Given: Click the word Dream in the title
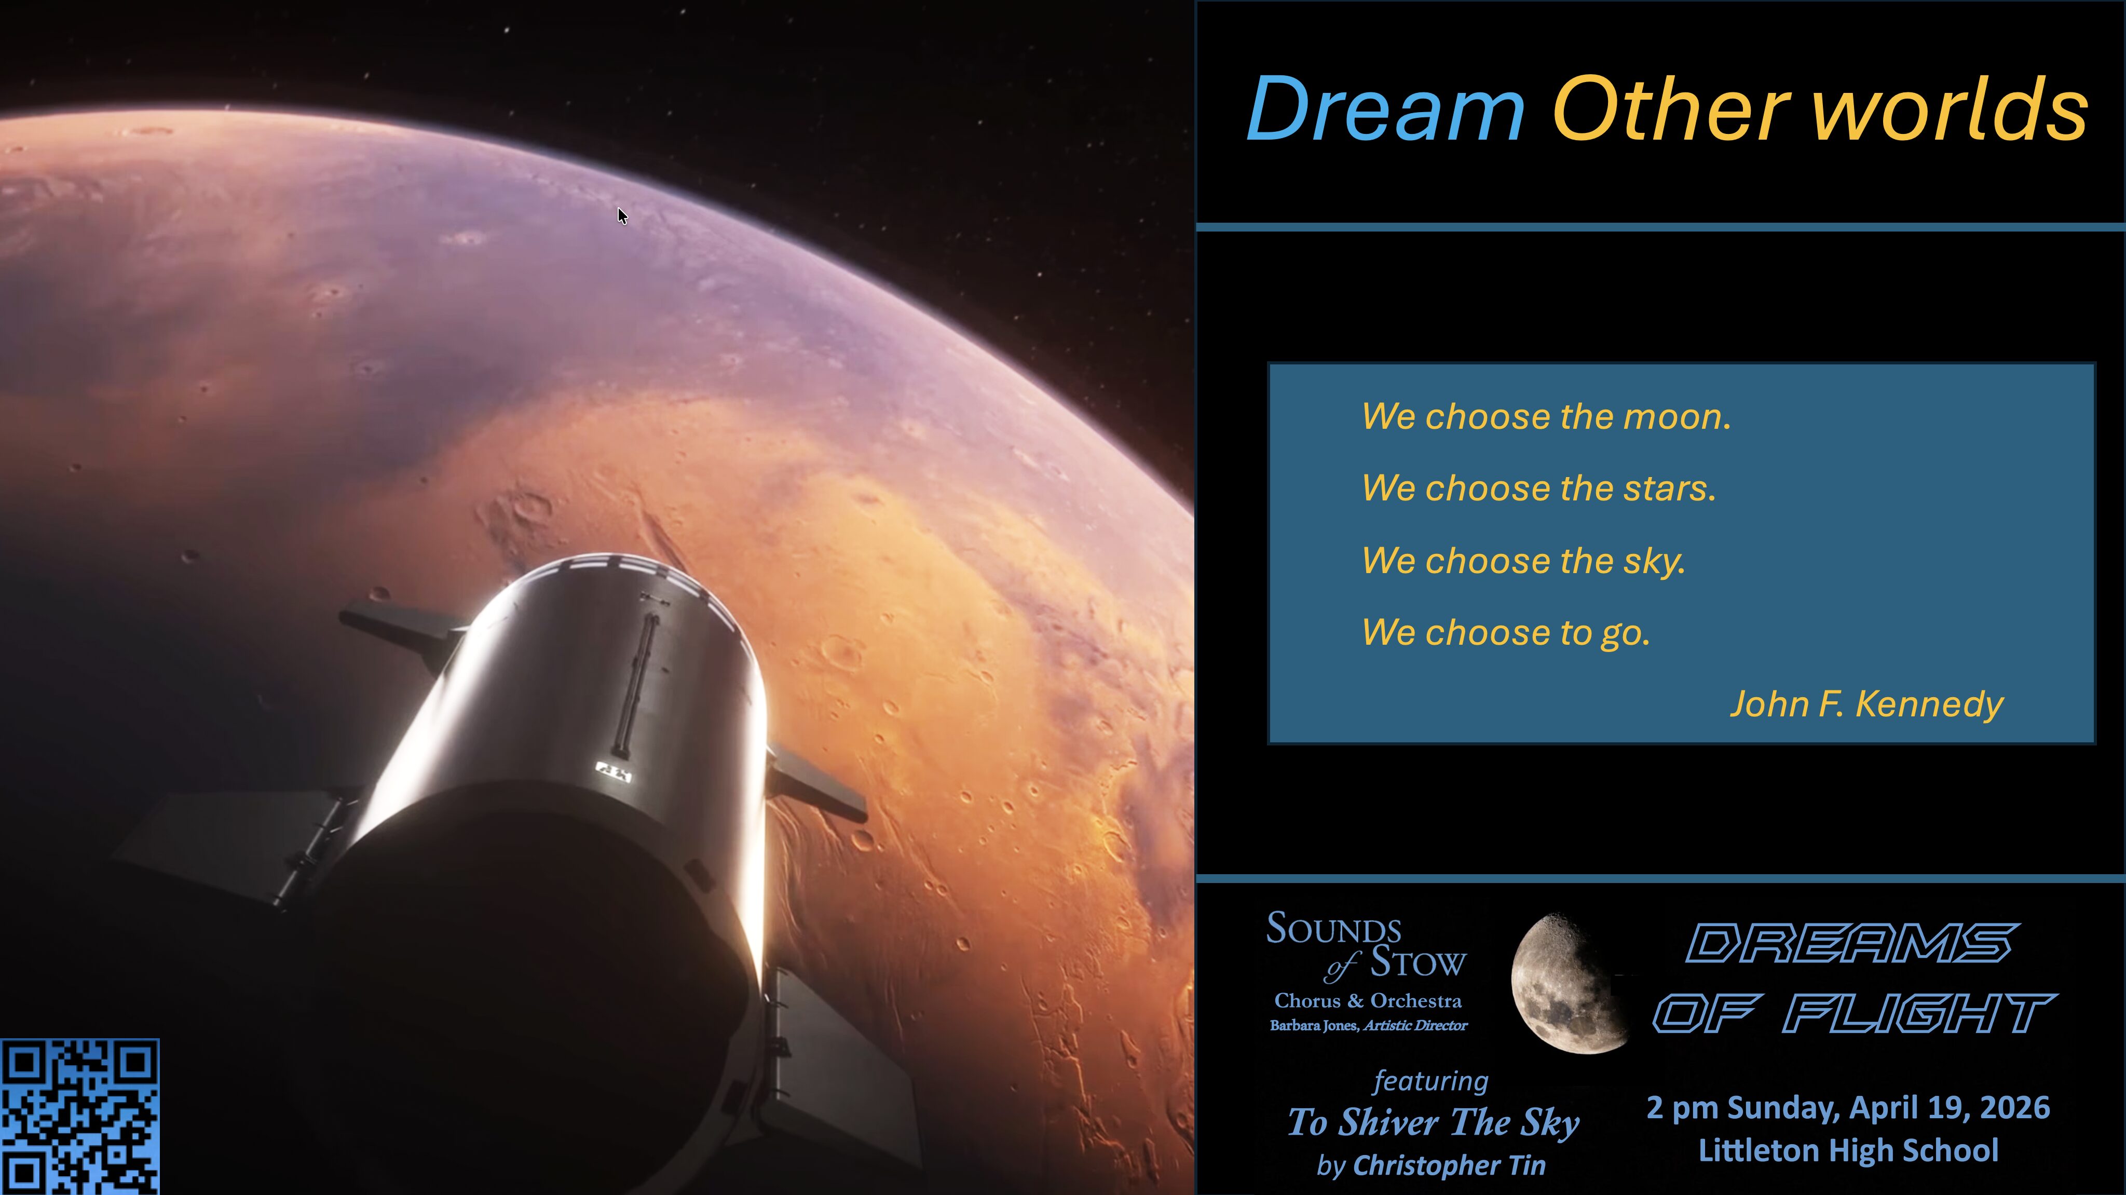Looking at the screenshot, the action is click(1386, 109).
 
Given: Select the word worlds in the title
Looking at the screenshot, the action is click(1950, 109).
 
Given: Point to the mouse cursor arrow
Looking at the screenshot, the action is click(622, 216).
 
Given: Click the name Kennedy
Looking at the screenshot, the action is click(1929, 704).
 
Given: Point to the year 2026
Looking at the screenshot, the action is click(2014, 1107).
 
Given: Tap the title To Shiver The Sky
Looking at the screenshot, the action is click(1434, 1122).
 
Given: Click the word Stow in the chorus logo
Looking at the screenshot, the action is click(1419, 963).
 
